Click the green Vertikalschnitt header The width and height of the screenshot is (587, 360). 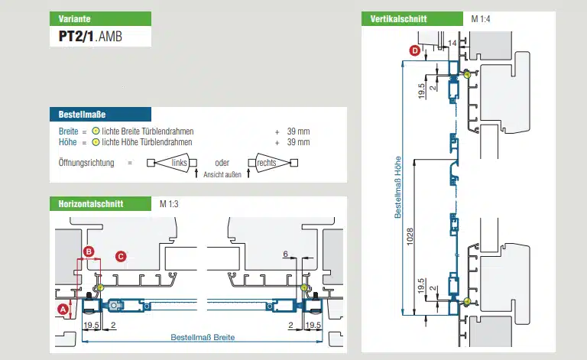(x=398, y=18)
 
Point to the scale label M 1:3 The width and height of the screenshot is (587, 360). (x=168, y=204)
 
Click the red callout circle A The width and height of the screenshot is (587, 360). (x=63, y=309)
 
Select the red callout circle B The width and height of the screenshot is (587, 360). (x=89, y=251)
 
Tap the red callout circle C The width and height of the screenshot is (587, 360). (x=120, y=255)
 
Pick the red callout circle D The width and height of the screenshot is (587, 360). (x=415, y=51)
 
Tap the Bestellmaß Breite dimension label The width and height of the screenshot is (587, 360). (x=202, y=337)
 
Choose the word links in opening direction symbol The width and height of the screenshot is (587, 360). (x=179, y=163)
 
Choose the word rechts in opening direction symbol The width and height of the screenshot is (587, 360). (x=266, y=163)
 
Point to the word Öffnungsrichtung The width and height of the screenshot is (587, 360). (x=86, y=163)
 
